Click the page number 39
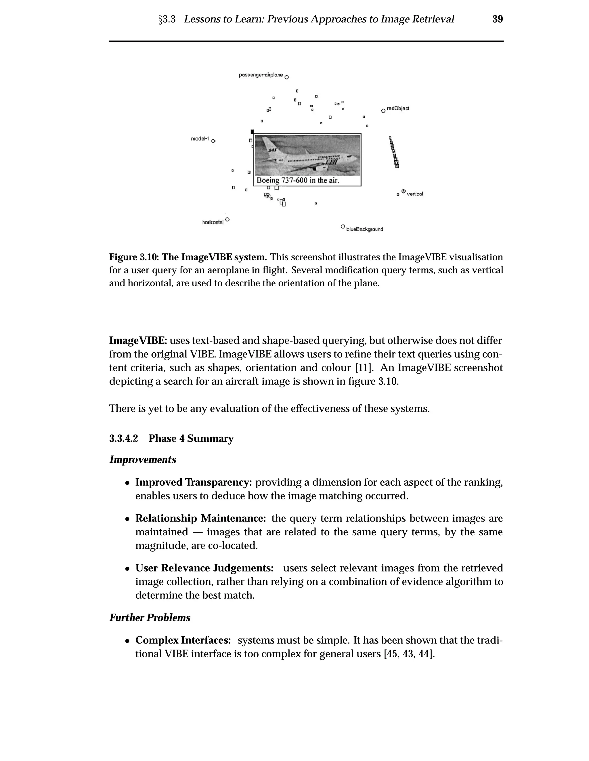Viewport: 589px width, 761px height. pos(497,19)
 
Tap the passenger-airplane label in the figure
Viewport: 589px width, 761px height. pos(261,75)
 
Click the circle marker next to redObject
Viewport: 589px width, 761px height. pos(383,111)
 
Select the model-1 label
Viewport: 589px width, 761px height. pos(200,139)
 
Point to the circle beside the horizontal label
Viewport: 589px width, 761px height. pos(227,219)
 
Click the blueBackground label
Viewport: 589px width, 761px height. pos(364,229)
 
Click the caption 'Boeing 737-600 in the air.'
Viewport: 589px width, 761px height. pos(298,181)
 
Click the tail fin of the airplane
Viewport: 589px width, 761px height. pos(269,145)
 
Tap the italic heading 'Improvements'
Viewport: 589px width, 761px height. pos(143,459)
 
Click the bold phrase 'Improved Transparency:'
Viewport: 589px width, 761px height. pos(194,482)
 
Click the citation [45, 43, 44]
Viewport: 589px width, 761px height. pos(409,654)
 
